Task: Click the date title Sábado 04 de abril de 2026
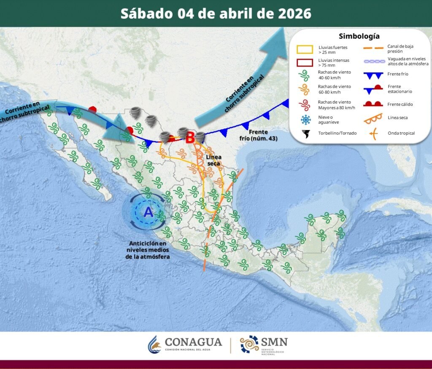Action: pos(216,13)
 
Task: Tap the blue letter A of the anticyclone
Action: pos(148,212)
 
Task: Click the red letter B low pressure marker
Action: pos(190,137)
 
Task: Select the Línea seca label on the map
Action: pos(214,160)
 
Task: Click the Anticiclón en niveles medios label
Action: pos(148,250)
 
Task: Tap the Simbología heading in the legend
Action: pos(359,36)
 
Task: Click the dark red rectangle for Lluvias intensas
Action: pos(305,63)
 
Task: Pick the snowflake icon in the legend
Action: pos(305,120)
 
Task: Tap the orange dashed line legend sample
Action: pos(373,48)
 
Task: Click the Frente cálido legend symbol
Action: pos(373,104)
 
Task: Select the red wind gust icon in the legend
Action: pos(305,104)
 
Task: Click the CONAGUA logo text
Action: pos(193,342)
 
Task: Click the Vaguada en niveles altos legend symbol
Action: pos(373,61)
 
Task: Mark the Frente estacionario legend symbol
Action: pos(373,89)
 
